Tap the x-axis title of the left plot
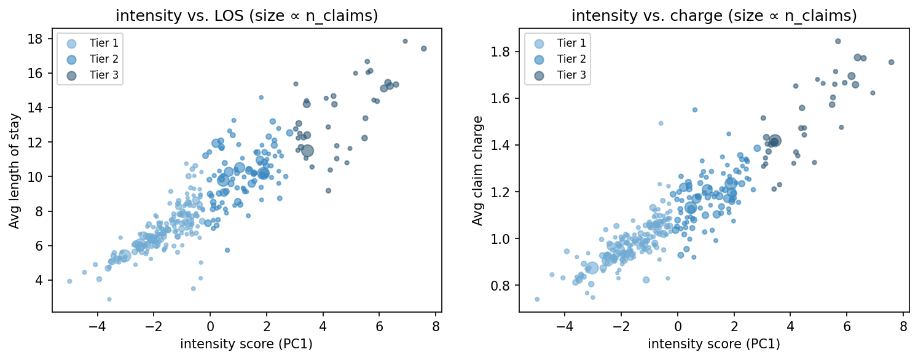click(x=246, y=344)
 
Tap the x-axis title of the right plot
click(x=713, y=344)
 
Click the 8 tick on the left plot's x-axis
click(x=436, y=325)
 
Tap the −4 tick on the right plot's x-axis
click(x=565, y=325)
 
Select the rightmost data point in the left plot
click(x=423, y=49)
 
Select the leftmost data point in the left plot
click(x=69, y=281)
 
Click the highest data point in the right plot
click(x=838, y=41)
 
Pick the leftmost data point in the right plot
click(x=537, y=299)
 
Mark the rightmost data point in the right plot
click(x=891, y=62)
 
